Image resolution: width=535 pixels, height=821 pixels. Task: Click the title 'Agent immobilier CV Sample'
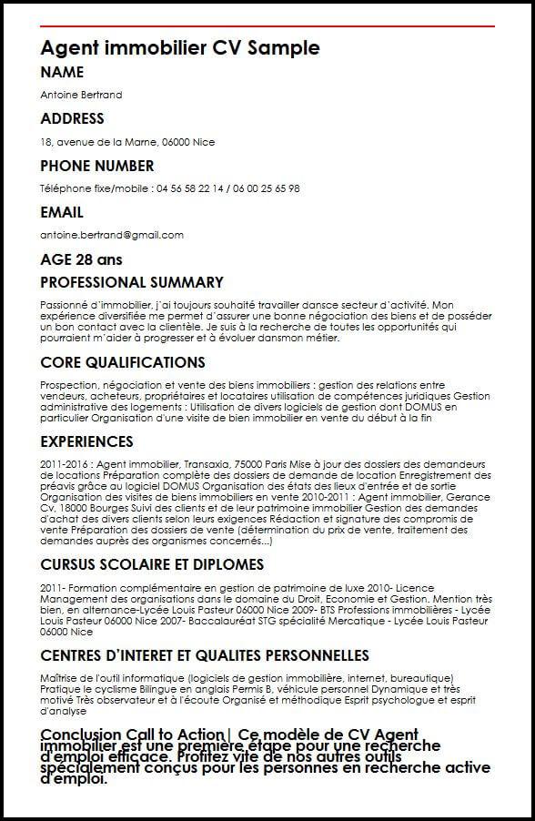click(180, 48)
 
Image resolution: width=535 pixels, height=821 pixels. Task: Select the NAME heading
click(62, 73)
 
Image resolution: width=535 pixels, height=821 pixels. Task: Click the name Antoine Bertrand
click(81, 95)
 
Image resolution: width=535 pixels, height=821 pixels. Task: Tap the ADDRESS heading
click(72, 119)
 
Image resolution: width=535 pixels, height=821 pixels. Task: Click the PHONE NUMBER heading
click(97, 167)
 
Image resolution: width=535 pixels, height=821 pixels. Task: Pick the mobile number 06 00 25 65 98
click(267, 188)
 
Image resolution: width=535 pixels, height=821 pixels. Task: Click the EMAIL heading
click(62, 213)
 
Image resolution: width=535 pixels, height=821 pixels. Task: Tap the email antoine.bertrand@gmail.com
click(112, 235)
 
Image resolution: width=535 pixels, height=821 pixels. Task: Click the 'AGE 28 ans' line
click(81, 259)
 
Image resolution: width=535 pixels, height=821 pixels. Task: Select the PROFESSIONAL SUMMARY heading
click(132, 283)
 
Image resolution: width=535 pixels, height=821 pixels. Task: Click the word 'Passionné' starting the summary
click(64, 304)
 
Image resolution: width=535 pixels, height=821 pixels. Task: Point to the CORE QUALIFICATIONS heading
click(123, 363)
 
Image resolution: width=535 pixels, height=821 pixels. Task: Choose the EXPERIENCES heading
click(86, 442)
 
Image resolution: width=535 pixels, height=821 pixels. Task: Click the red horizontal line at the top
click(267, 26)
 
